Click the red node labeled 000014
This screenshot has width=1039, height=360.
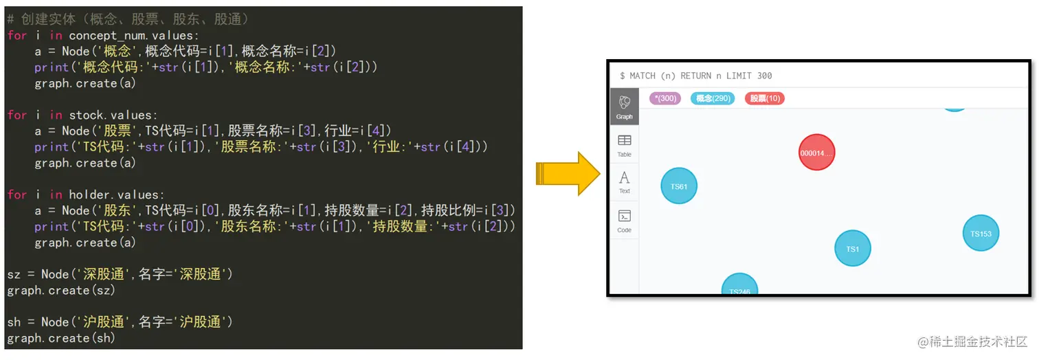coord(816,153)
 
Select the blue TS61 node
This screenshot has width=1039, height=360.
coord(679,186)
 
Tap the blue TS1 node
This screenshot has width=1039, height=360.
coord(852,249)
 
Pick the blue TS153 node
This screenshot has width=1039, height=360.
coord(981,234)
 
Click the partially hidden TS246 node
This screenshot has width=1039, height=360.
coord(739,287)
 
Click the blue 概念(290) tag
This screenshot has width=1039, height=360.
coord(713,98)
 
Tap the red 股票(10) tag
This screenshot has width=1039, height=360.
coord(765,98)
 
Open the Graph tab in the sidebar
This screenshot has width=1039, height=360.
coord(624,107)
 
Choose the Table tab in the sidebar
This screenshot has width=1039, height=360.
coord(624,145)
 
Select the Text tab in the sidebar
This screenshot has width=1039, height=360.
coord(624,182)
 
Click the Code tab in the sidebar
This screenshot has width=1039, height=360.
coord(624,221)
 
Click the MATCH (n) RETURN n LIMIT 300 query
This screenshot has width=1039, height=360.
coord(695,76)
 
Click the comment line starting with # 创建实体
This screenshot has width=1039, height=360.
coord(128,19)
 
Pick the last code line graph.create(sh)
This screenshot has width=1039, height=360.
coord(61,338)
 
